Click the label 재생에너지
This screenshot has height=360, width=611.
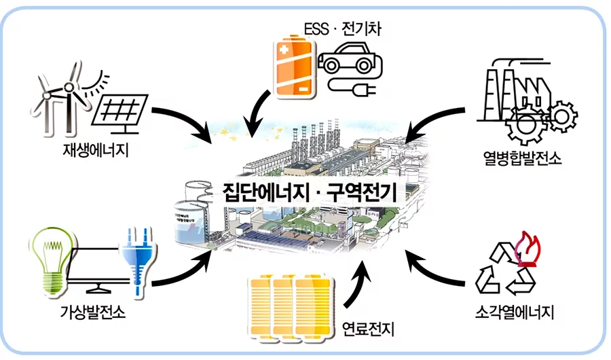coord(94,147)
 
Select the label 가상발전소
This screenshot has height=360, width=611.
coord(94,314)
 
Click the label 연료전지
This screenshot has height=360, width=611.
coord(369,330)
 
